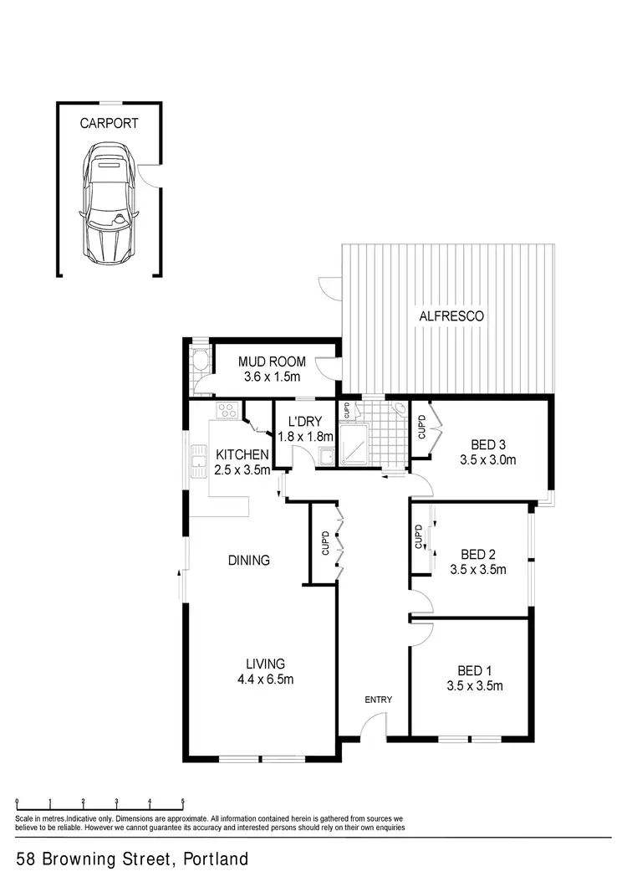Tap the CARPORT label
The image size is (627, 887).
coord(109,123)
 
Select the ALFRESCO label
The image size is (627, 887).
coord(451,316)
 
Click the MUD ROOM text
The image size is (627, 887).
coord(272,362)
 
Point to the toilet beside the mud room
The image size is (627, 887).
coord(199,361)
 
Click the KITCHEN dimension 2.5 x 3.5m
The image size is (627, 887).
coord(242,469)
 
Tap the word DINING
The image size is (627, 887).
coord(248,561)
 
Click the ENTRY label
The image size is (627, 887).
coord(377,700)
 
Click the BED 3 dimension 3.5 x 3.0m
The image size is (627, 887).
coord(487,459)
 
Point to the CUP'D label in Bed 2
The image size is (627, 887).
coord(417,537)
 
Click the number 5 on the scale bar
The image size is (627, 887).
coord(182,802)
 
